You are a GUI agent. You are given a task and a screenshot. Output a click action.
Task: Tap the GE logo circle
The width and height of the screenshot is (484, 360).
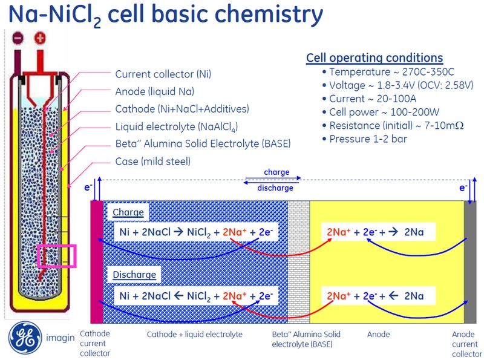[x=25, y=336]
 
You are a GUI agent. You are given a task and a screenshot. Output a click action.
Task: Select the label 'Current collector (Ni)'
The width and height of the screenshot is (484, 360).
[x=163, y=74]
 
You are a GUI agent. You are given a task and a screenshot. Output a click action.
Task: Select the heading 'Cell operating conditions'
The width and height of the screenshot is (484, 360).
[x=374, y=58]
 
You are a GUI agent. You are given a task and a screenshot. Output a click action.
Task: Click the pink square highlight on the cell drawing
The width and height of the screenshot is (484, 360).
[x=56, y=256]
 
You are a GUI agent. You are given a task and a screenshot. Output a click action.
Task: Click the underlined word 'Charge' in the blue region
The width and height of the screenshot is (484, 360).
[x=128, y=212]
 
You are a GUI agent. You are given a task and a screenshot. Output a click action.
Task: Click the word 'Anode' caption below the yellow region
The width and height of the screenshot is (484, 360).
[x=378, y=334]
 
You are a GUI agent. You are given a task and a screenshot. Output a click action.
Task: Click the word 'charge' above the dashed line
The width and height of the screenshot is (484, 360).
[x=276, y=172]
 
